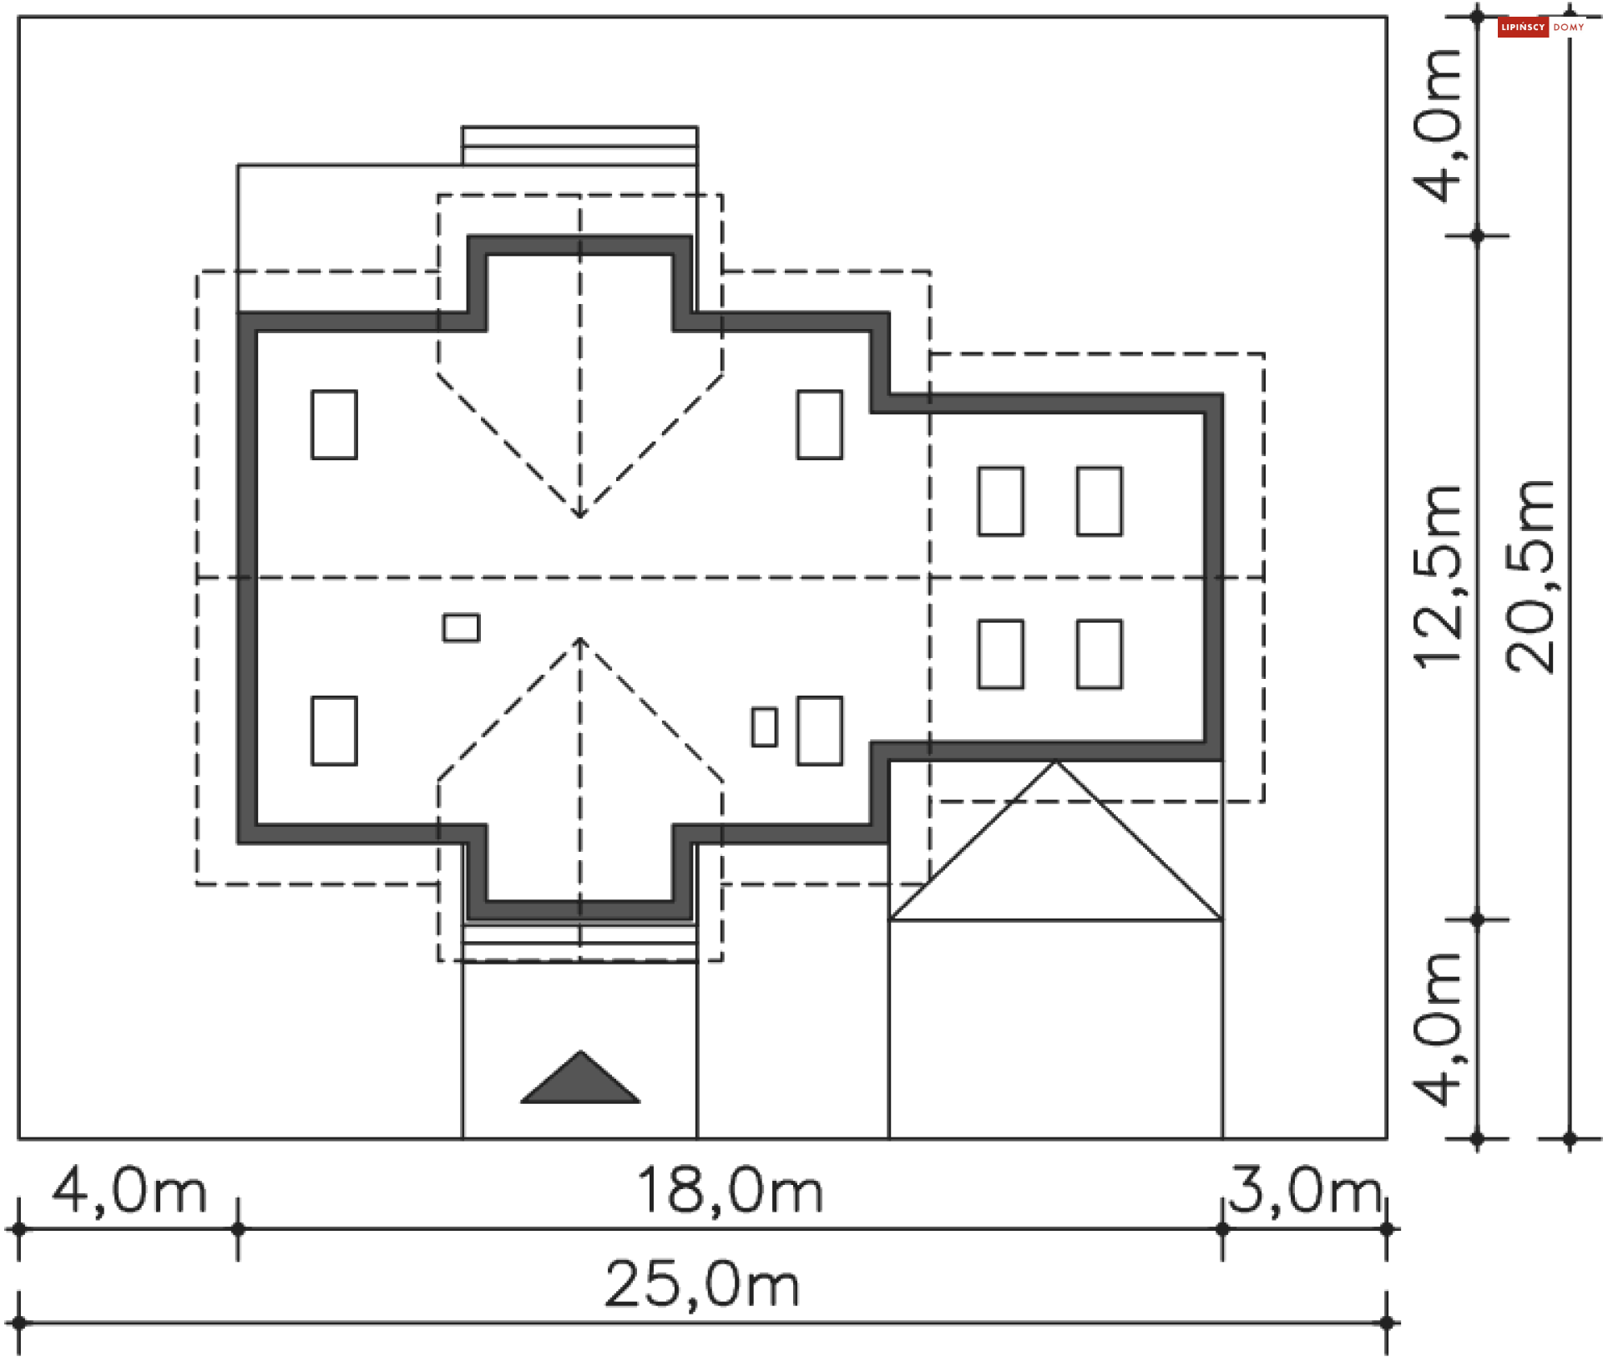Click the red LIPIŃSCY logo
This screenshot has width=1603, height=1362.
1523,28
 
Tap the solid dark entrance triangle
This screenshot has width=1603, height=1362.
580,1079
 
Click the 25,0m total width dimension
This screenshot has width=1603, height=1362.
702,1284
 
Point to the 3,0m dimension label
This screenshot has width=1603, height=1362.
1304,1190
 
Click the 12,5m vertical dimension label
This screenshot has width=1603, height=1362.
1438,576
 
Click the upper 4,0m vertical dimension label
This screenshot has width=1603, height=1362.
1438,126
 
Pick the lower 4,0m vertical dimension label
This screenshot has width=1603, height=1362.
1438,1029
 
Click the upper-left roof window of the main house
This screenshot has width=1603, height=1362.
334,424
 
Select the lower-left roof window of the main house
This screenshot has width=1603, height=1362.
334,731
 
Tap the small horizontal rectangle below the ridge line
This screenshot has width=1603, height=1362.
461,628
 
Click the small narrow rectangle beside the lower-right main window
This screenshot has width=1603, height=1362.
764,727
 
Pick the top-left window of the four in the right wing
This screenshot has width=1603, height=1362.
1001,501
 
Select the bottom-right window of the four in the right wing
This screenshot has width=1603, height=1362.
1100,654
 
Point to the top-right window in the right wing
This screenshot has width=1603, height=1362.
1100,501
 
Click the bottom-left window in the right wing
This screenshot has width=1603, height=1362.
1001,654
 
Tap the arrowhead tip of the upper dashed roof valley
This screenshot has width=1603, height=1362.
580,517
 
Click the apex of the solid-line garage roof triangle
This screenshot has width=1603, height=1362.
1055,761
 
